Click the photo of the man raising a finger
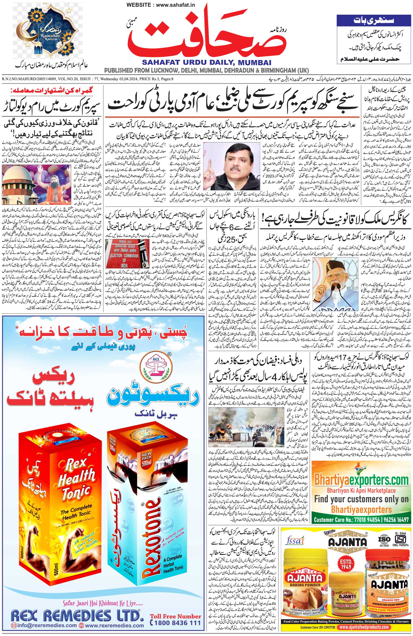[232, 165]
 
